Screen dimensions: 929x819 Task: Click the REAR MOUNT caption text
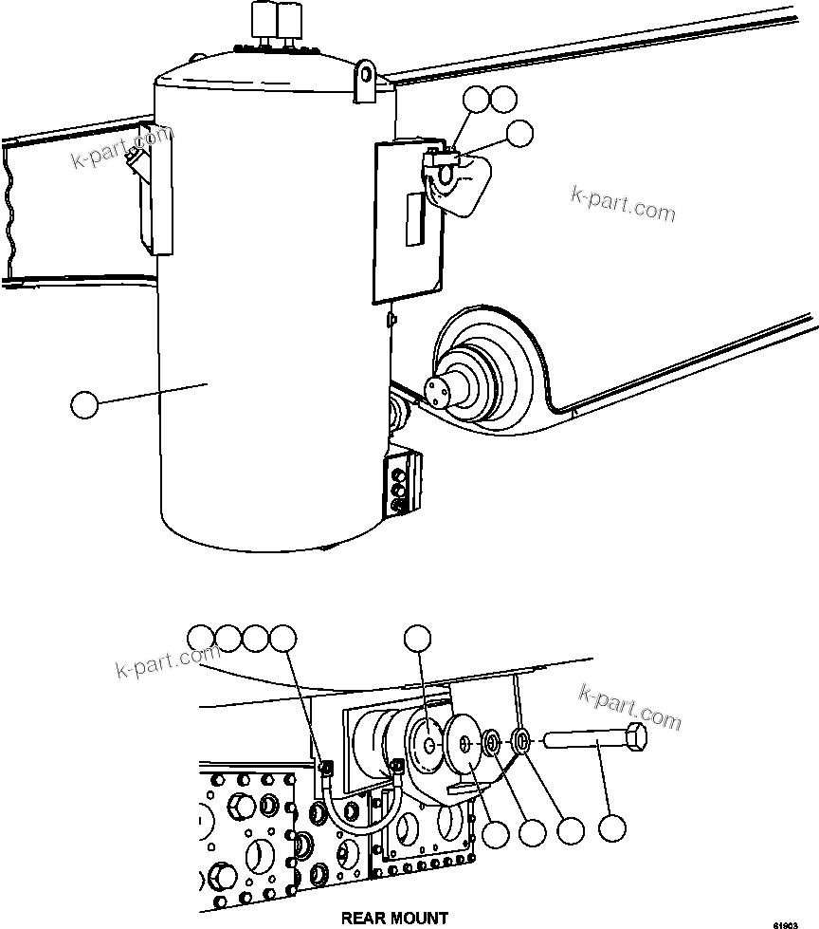[395, 918]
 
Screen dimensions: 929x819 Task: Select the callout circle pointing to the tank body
[85, 405]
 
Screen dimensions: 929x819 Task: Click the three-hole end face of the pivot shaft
[440, 390]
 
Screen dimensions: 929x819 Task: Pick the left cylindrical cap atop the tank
[261, 19]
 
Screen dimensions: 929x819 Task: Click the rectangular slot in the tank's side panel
[413, 219]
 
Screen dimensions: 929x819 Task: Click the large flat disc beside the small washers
[462, 745]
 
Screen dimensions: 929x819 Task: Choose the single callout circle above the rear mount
[417, 639]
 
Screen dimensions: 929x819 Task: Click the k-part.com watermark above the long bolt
[629, 707]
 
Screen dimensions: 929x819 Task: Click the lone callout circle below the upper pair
[519, 135]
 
